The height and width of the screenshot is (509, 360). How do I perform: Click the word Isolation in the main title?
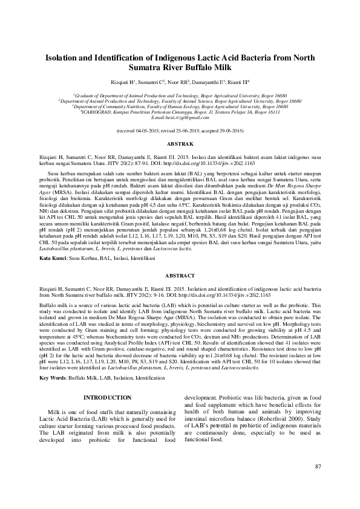point(68,59)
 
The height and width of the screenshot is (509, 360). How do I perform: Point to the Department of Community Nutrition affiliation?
point(180,106)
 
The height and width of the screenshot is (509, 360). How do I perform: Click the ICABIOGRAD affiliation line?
point(180,111)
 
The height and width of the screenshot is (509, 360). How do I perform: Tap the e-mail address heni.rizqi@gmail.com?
point(180,117)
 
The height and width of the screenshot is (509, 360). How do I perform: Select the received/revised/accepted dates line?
point(180,131)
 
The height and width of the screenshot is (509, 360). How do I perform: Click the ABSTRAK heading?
point(180,144)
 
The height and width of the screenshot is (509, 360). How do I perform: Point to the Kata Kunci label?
point(53,258)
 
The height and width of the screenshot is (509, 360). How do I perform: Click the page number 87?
point(318,482)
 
